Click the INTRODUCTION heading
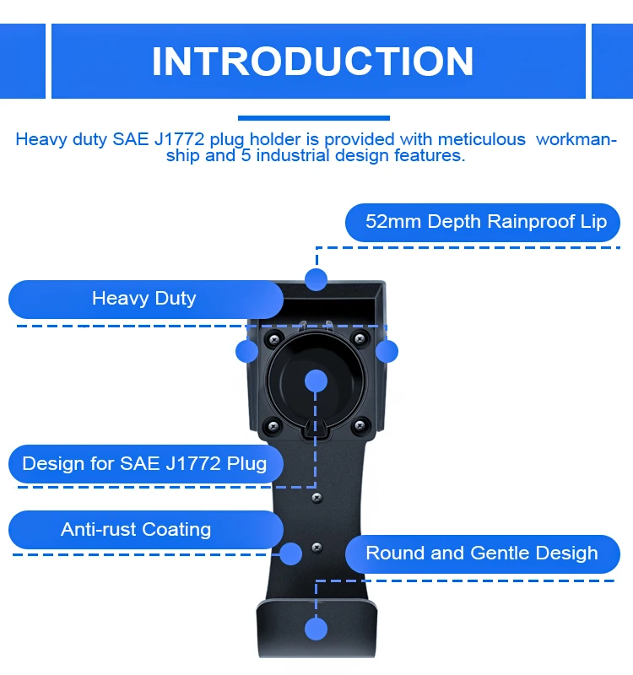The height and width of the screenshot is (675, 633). tap(312, 62)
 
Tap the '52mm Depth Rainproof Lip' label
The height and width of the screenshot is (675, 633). tap(485, 222)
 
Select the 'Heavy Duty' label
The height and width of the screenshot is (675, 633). tap(143, 298)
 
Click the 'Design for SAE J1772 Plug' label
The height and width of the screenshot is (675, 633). tap(144, 463)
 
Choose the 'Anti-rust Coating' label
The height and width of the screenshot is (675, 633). tap(136, 530)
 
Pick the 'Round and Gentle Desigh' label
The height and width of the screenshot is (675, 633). tap(481, 553)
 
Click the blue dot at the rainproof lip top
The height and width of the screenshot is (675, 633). tap(316, 279)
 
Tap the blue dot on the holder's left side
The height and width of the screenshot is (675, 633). tap(246, 351)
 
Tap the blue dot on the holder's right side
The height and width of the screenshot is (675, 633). tap(387, 351)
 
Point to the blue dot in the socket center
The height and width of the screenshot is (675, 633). tap(316, 380)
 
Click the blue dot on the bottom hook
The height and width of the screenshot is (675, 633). tap(316, 629)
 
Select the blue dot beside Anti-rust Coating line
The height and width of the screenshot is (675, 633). tap(290, 553)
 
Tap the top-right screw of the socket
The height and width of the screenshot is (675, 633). tap(360, 339)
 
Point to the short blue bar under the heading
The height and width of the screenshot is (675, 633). tap(313, 118)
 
